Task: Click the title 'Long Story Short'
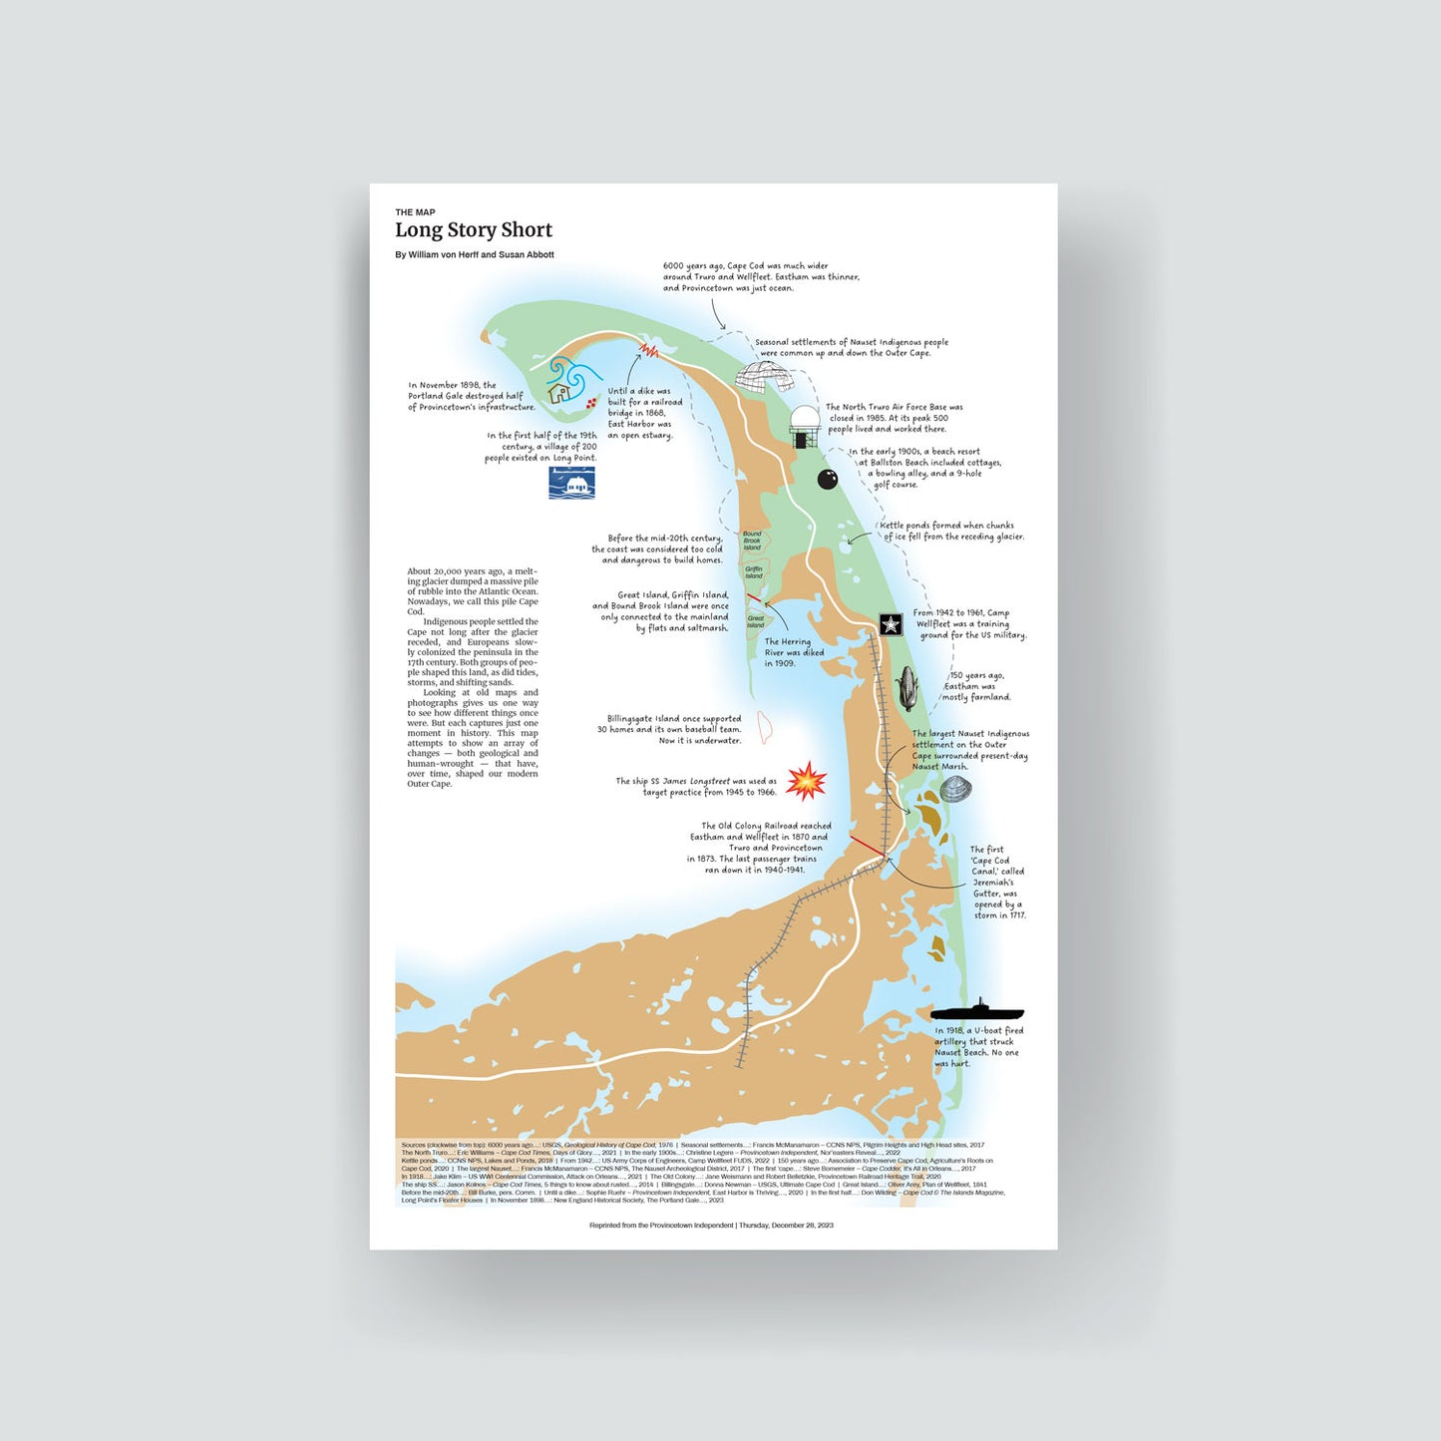[x=473, y=230]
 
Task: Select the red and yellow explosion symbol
[x=806, y=782]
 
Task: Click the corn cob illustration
[x=907, y=689]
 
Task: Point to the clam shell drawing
[x=954, y=790]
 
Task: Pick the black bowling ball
[x=828, y=480]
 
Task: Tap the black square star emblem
[x=891, y=624]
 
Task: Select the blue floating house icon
[x=572, y=484]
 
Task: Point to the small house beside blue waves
[x=559, y=393]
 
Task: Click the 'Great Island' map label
[x=756, y=621]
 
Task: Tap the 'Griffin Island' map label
[x=754, y=572]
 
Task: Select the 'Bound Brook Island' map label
[x=752, y=540]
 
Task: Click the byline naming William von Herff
[x=474, y=255]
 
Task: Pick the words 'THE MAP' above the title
[x=415, y=212]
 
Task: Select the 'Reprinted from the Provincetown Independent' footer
[x=711, y=1225]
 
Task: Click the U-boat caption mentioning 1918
[x=978, y=1047]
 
